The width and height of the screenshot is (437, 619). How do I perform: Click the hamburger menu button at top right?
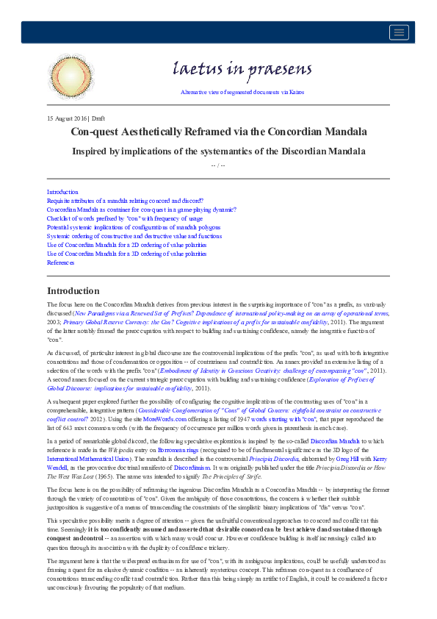pyautogui.click(x=400, y=32)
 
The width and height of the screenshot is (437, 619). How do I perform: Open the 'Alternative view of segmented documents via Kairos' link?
pyautogui.click(x=242, y=92)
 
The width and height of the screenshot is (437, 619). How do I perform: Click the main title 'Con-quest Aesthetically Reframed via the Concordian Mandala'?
pyautogui.click(x=218, y=132)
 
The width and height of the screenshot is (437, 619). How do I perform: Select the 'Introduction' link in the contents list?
pyautogui.click(x=62, y=192)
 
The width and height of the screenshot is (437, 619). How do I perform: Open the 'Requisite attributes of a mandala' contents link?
pyautogui.click(x=125, y=201)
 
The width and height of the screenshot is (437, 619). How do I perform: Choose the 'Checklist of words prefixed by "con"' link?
pyautogui.click(x=125, y=218)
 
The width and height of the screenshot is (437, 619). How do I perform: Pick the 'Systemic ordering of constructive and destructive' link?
pyautogui.click(x=134, y=236)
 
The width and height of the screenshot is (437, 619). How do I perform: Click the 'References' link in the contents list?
pyautogui.click(x=61, y=262)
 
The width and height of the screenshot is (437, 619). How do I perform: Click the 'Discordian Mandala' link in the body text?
pyautogui.click(x=355, y=440)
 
